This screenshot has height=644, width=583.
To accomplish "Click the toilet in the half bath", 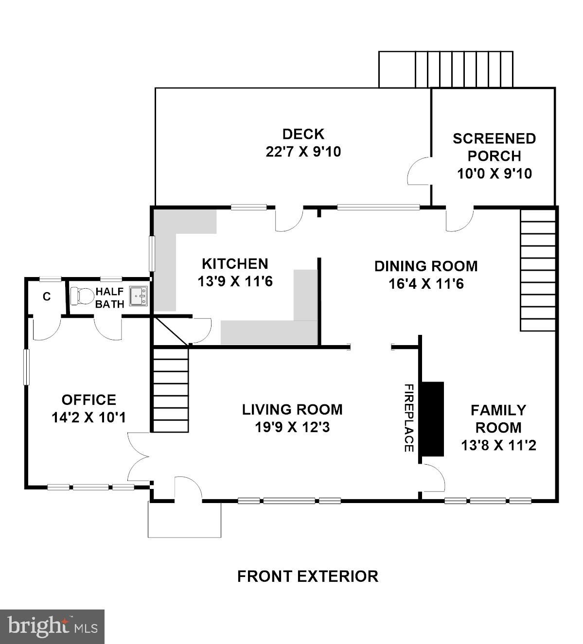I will click(82, 296).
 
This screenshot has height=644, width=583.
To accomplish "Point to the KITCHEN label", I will click(235, 264).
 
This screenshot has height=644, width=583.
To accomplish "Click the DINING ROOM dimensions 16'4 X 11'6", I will click(426, 284).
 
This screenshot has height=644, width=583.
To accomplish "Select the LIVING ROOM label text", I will click(292, 410).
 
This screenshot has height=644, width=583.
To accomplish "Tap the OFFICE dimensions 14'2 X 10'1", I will click(88, 418).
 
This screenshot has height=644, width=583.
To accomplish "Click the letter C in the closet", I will click(47, 296).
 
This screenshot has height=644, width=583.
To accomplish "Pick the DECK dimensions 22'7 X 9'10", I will click(303, 152).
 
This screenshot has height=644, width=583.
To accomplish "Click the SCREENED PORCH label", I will click(494, 147).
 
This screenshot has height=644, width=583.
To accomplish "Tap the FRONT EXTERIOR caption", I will click(307, 576).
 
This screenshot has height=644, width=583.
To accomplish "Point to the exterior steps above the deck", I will click(446, 69).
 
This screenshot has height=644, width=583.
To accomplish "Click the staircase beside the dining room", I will click(538, 270).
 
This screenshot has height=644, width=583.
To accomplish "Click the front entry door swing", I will click(187, 487).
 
